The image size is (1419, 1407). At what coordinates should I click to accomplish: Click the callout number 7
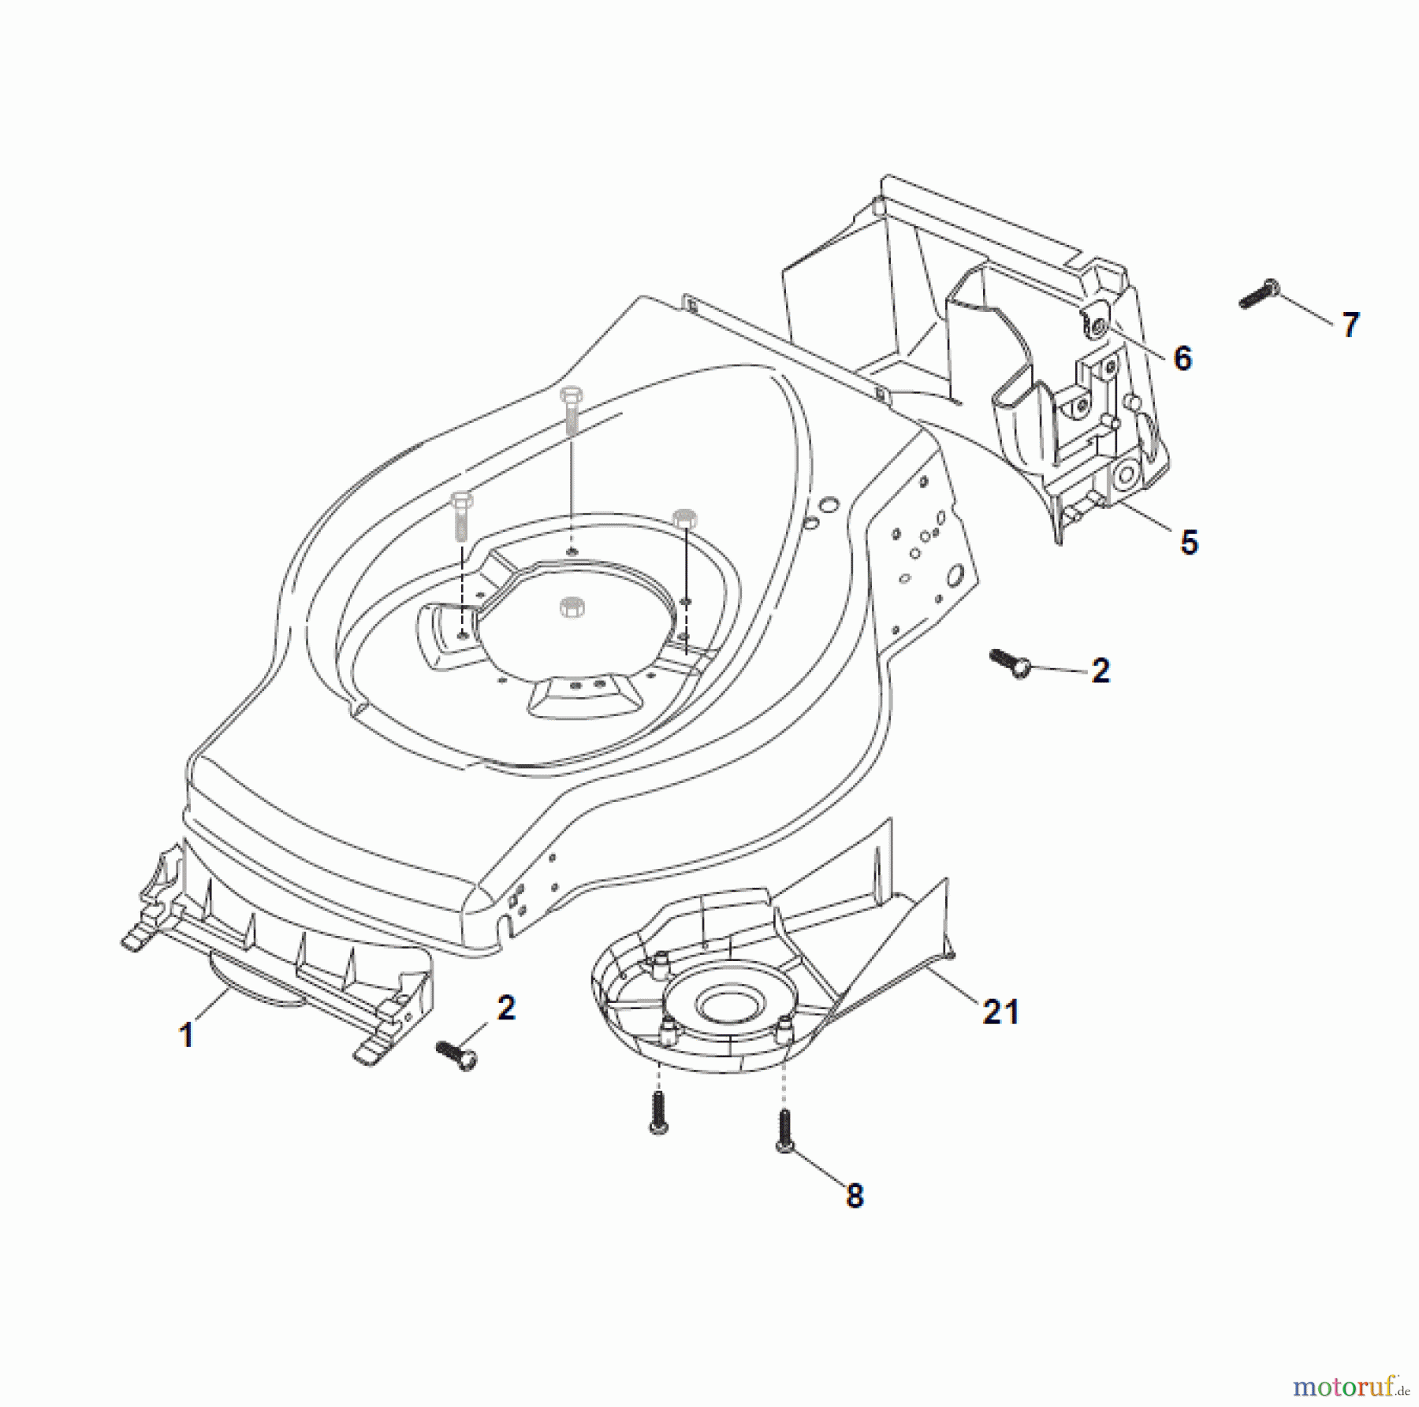point(1350,325)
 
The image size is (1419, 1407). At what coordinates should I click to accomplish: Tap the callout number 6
point(1182,358)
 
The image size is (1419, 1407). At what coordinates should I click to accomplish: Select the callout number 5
point(1189,543)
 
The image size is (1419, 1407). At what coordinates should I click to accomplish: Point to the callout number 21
point(1000,1012)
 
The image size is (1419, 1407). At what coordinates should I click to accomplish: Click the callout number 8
point(855,1196)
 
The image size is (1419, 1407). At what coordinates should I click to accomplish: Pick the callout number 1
point(187,1035)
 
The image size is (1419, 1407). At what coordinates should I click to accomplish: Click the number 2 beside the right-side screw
point(1101,670)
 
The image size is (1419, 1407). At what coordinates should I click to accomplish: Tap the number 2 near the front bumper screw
point(506,1008)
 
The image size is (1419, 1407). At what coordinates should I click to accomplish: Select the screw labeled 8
point(784,1131)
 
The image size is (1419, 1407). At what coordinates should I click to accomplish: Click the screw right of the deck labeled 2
point(1009,663)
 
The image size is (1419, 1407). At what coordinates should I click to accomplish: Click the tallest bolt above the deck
point(571,410)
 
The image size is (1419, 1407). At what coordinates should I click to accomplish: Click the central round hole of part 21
point(728,1003)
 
